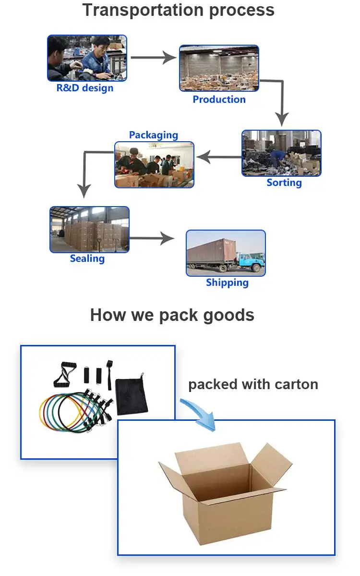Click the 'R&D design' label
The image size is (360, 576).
coord(85,88)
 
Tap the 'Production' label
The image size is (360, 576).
coord(219,99)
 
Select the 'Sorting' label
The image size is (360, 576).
coord(284,183)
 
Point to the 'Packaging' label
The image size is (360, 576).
coord(154,135)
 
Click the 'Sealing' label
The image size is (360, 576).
coord(87,258)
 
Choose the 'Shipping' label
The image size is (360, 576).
coord(227,282)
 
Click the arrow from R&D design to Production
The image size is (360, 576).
coord(154,58)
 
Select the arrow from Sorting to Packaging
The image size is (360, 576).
coord(218,157)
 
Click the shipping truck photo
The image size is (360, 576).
coord(226,253)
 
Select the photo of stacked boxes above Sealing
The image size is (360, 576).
coord(89,230)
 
